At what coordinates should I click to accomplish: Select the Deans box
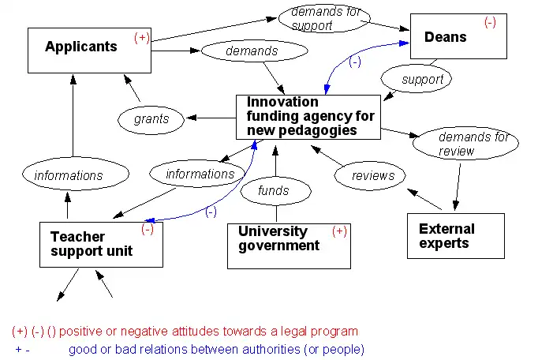coord(458,36)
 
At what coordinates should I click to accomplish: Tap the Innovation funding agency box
coord(308,117)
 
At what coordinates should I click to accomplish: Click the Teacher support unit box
coord(101,244)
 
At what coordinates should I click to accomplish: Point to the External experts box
coord(455,235)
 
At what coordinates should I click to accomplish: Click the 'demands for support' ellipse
coord(324,19)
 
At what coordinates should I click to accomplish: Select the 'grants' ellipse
coord(151,119)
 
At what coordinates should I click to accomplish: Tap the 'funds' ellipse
coord(274,189)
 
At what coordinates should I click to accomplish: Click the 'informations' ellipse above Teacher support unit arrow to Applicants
coord(69,174)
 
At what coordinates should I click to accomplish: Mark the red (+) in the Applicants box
coord(142,37)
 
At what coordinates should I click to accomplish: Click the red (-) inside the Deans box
coord(490,23)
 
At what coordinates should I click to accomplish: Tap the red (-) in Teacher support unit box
coord(148,230)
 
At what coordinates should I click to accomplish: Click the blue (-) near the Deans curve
coord(354,62)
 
